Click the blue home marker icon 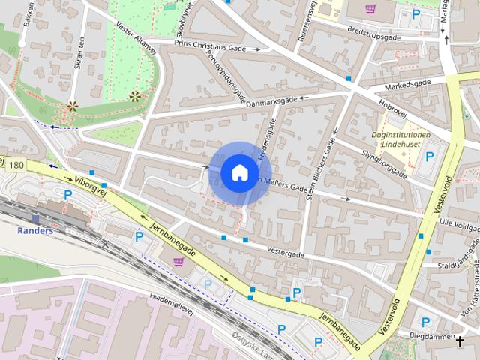click(x=240, y=173)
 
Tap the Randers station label click(x=35, y=230)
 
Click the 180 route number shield click(x=17, y=164)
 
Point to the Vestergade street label click(x=286, y=253)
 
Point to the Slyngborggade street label click(x=384, y=165)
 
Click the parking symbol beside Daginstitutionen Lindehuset click(x=430, y=157)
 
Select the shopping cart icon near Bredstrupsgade click(x=370, y=9)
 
